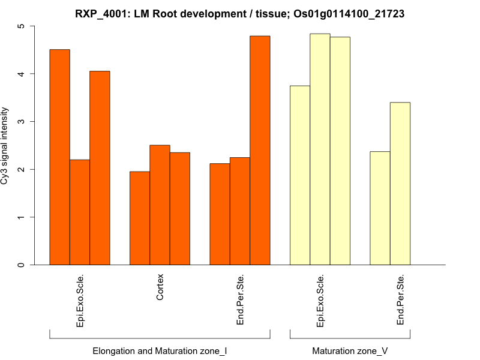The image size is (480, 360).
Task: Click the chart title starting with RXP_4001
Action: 240,13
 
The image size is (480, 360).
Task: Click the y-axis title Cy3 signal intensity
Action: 5,146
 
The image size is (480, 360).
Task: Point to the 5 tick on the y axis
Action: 22,26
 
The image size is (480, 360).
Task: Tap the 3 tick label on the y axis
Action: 22,122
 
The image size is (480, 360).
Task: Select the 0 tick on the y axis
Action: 22,265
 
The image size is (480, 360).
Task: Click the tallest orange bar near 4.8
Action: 260,150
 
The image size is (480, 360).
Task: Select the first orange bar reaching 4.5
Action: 59,157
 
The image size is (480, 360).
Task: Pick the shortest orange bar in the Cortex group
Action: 140,218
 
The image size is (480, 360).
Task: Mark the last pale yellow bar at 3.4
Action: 400,184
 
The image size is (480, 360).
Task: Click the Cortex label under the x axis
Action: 160,288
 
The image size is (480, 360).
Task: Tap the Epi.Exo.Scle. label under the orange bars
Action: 80,301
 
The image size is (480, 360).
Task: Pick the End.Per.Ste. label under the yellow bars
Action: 400,300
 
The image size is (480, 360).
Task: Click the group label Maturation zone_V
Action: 350,350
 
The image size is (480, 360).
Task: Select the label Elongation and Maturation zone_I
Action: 160,350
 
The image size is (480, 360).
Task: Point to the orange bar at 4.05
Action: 100,168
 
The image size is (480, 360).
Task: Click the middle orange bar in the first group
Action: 80,212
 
